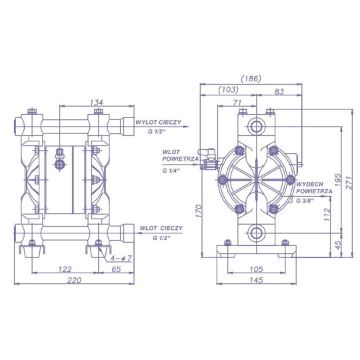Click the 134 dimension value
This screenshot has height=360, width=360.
[x=97, y=103]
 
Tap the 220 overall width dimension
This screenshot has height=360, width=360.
[x=75, y=280]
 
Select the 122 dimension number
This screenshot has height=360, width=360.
[x=65, y=269]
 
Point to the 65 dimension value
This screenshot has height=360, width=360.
[x=116, y=269]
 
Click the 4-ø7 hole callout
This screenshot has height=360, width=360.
[x=121, y=259]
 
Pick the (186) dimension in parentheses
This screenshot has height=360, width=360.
[x=251, y=79]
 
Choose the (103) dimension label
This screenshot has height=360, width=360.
[x=228, y=89]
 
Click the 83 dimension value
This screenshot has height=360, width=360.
[x=279, y=91]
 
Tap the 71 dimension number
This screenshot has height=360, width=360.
[x=237, y=103]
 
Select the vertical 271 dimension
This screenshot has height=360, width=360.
[x=349, y=183]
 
